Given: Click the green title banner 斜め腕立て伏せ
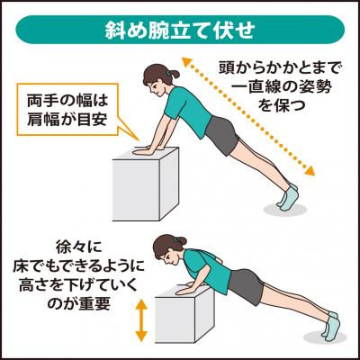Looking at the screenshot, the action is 180,30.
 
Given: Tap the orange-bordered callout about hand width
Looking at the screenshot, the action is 67,110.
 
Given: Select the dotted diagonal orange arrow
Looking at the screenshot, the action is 247,116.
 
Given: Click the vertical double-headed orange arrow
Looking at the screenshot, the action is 141,319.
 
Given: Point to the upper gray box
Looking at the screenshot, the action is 146,184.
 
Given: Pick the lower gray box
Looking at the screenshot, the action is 184,316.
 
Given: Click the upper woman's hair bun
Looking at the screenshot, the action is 173,74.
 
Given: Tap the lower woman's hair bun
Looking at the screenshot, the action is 181,240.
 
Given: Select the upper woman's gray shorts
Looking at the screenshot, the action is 222,135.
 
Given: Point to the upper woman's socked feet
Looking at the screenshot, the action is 287,197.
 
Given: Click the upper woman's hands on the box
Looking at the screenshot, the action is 147,149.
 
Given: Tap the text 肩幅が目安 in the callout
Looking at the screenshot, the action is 67,120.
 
